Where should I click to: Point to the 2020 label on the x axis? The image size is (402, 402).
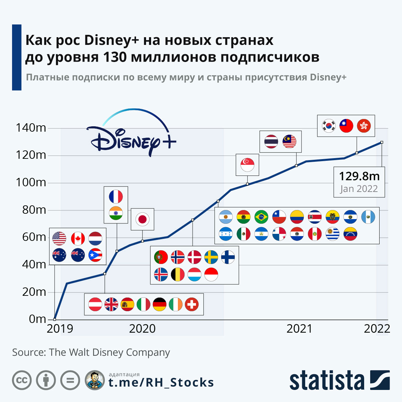pyautogui.click(x=142, y=329)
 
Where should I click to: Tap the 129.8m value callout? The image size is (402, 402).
pyautogui.click(x=359, y=176)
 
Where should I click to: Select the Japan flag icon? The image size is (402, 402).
pyautogui.click(x=142, y=219)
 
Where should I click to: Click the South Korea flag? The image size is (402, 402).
pyautogui.click(x=329, y=126)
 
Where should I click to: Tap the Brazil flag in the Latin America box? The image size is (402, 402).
pyautogui.click(x=261, y=217)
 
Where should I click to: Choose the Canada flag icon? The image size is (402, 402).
pyautogui.click(x=78, y=239)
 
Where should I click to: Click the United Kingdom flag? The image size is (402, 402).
pyautogui.click(x=111, y=305)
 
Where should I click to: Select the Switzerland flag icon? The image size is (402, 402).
pyautogui.click(x=192, y=305)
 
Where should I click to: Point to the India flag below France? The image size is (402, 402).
pyautogui.click(x=116, y=213)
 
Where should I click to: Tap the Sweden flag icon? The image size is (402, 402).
pyautogui.click(x=211, y=257)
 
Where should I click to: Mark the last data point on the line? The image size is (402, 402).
pyautogui.click(x=382, y=142)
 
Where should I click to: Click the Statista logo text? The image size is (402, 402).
pyautogui.click(x=327, y=381)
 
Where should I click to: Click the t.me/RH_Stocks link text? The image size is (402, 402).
pyautogui.click(x=161, y=383)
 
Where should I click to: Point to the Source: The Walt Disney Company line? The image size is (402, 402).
pyautogui.click(x=91, y=352)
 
